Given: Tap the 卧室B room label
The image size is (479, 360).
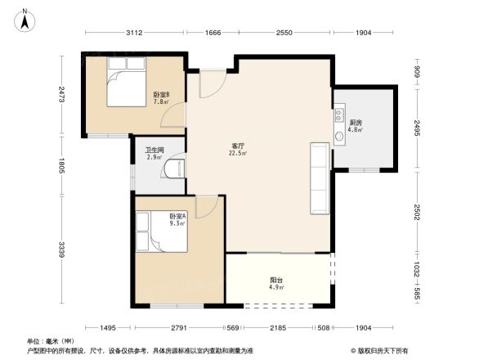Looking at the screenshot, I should coord(161,98).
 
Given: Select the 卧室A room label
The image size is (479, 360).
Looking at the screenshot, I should coord(178,219).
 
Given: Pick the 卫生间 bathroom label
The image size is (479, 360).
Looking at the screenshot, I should coord(154,153).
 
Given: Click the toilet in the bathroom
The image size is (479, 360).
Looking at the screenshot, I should coord(174,169).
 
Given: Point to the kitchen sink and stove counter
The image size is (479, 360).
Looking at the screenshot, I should coord(338,128).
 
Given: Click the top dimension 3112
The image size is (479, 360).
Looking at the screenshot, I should coord(134,34).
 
